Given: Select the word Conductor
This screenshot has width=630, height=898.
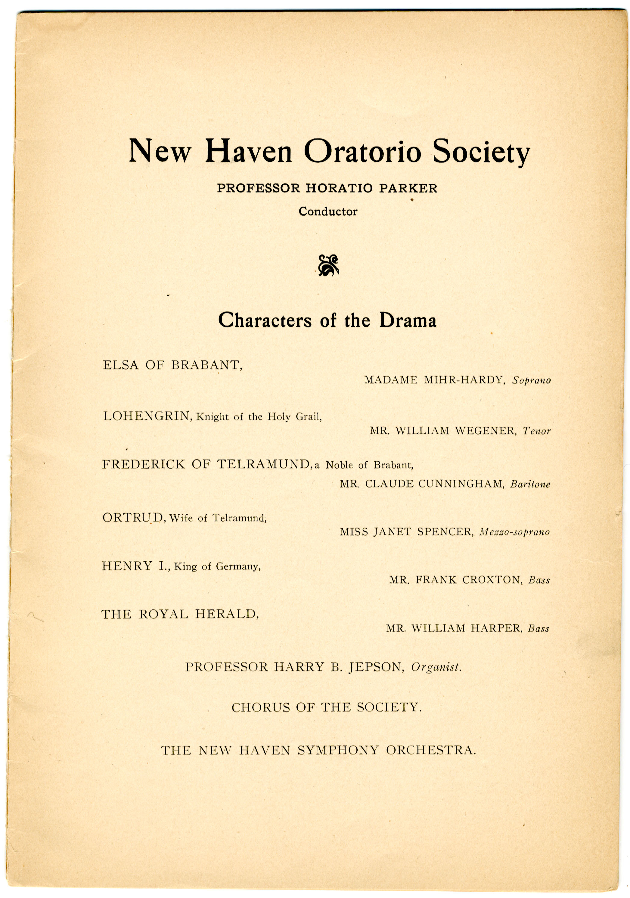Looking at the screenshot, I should (328, 212).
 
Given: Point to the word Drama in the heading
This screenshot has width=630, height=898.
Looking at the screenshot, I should (407, 320).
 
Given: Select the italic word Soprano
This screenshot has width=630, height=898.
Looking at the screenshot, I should (532, 380).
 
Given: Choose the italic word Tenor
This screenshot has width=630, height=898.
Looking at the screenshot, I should (537, 431).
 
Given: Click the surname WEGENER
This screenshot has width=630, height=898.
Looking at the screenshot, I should (485, 431).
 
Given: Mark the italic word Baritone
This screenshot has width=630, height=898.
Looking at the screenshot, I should (530, 484).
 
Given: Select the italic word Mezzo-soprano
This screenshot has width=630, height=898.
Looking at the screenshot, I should (514, 532).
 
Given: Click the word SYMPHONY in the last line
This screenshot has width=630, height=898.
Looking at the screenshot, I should (338, 750).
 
